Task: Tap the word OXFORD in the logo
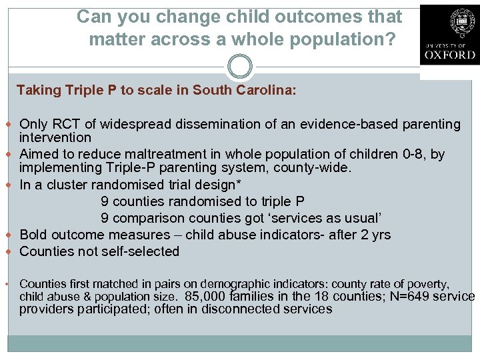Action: pos(449,55)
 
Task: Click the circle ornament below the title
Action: pos(239,67)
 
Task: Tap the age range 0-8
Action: pos(417,155)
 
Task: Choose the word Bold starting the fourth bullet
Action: pos(35,235)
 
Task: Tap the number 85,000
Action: pos(205,297)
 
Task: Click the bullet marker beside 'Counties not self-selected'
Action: pos(12,251)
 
